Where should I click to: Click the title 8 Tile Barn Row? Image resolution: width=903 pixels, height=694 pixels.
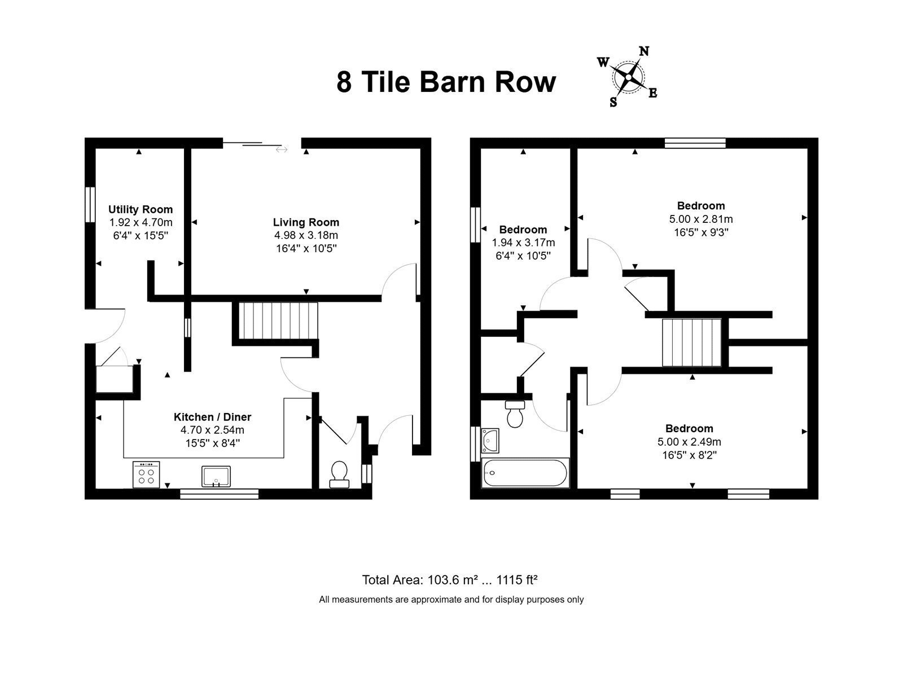click(x=446, y=82)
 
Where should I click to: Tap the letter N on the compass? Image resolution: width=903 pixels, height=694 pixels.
click(x=644, y=51)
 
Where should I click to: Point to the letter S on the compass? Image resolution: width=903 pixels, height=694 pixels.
click(x=613, y=102)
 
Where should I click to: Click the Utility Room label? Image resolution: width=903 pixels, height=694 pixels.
click(x=141, y=209)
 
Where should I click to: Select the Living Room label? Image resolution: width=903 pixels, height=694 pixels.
click(x=306, y=222)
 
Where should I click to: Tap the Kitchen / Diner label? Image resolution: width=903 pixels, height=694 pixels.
click(x=212, y=416)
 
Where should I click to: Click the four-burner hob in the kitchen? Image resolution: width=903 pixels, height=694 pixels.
click(x=146, y=475)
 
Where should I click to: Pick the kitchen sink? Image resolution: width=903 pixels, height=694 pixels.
click(x=216, y=476)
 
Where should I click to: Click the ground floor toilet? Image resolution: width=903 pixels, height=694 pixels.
click(x=340, y=475)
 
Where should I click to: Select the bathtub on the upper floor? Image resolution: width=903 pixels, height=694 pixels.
click(x=525, y=473)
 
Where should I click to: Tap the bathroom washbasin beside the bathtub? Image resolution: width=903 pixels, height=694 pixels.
click(x=490, y=441)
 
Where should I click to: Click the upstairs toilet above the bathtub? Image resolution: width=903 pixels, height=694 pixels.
click(x=515, y=414)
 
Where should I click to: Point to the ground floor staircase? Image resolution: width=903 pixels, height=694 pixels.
click(x=278, y=320)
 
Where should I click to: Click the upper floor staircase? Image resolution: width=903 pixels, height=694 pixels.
click(x=691, y=342)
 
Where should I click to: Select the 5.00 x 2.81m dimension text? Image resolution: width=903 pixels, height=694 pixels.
click(x=701, y=219)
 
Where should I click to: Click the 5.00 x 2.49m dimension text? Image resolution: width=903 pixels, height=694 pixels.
click(x=690, y=441)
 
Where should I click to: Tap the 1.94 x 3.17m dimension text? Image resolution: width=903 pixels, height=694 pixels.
click(x=523, y=243)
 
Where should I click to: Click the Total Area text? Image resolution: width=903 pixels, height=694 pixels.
click(x=450, y=580)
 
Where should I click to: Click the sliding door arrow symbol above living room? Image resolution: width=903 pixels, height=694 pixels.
click(x=281, y=150)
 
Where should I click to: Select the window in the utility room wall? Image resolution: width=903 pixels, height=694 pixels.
click(x=90, y=204)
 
